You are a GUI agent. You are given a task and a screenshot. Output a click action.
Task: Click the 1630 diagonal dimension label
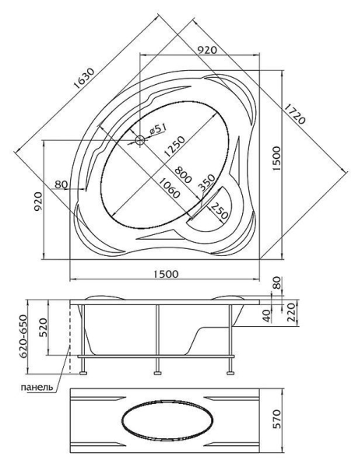tap(84, 79)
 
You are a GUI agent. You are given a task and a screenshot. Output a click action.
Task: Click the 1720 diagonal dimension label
tap(294, 114)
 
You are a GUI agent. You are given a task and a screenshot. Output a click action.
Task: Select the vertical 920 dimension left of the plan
tap(38, 202)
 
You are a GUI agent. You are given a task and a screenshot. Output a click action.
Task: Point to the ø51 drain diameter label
tap(157, 129)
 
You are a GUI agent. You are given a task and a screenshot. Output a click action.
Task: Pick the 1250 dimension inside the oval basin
tap(175, 146)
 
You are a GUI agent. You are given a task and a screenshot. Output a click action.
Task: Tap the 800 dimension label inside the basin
tap(183, 174)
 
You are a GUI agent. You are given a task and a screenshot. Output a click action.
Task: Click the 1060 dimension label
tap(169, 188)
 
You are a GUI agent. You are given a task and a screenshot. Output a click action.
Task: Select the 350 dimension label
tap(206, 182)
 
